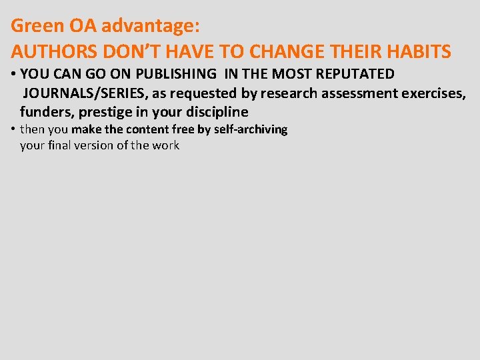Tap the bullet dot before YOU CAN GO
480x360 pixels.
tap(14, 74)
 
